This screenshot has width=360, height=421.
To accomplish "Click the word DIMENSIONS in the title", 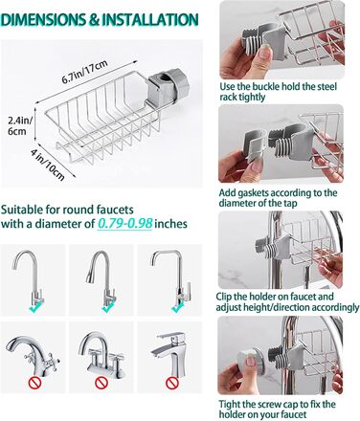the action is (x=44, y=20).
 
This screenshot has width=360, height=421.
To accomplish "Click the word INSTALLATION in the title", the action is (x=149, y=20).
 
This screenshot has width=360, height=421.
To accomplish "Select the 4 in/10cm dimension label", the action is (x=48, y=165).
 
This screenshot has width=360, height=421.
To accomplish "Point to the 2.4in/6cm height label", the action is (x=19, y=125).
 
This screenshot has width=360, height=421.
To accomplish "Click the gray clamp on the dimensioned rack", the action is (x=167, y=88).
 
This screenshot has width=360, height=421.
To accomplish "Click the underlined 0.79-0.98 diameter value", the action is (x=124, y=224).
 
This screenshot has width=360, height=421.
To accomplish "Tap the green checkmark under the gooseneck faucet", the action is (x=34, y=308).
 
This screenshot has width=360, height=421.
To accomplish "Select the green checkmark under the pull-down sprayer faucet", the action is (x=107, y=308).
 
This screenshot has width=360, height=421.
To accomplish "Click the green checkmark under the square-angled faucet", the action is (x=177, y=308).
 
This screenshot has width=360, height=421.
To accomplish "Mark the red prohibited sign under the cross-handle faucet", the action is (x=34, y=383).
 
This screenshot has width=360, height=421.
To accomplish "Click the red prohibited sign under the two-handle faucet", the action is (x=101, y=383).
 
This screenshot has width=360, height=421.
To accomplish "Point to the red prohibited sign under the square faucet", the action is (x=171, y=383).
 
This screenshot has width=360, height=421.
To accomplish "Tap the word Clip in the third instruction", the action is (x=224, y=297).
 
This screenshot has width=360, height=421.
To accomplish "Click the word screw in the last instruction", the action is (x=280, y=405).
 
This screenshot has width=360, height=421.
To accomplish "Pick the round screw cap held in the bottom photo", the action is (x=252, y=363).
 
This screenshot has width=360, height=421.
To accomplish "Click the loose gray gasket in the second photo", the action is (x=255, y=145).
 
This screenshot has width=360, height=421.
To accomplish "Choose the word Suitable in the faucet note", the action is (x=21, y=210).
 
